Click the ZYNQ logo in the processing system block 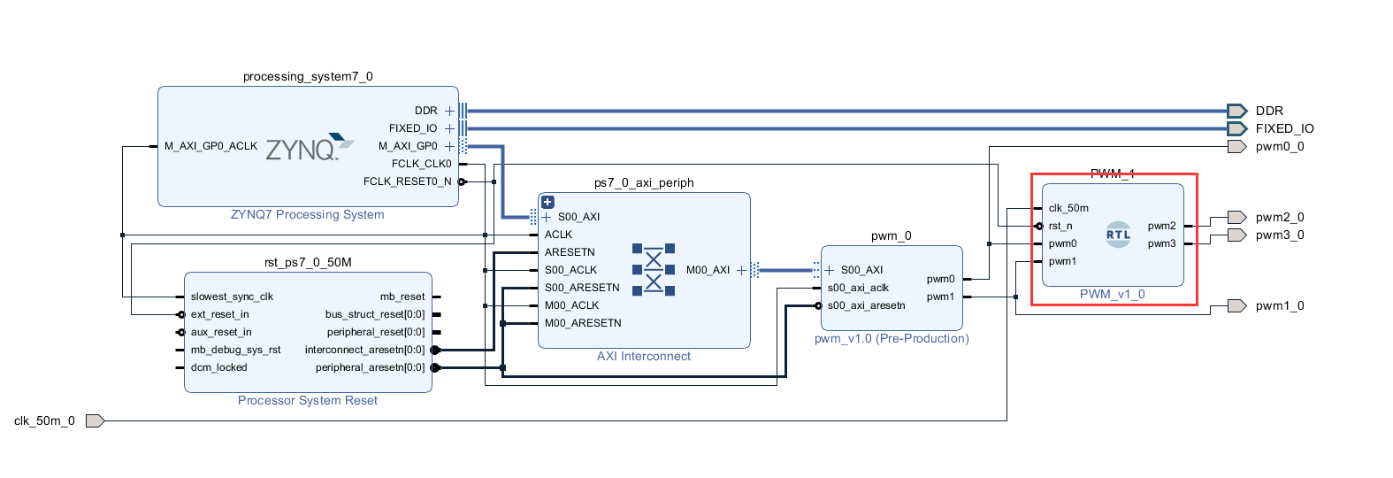[309, 148]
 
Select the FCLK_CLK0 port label [421, 164]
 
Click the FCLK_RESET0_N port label [407, 181]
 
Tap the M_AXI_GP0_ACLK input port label [210, 146]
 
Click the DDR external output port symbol [1236, 111]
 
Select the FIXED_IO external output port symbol [1236, 128]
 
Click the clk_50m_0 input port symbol [95, 420]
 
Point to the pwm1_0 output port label [1279, 305]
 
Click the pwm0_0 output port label [1279, 146]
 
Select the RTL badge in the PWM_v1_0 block [1118, 235]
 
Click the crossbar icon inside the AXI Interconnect [654, 270]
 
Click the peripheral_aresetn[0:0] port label [370, 367]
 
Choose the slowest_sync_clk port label [232, 297]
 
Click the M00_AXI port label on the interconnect [708, 270]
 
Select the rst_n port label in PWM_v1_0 [1060, 226]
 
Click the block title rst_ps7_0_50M [308, 262]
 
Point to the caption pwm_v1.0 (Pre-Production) [892, 338]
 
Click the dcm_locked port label [218, 367]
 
